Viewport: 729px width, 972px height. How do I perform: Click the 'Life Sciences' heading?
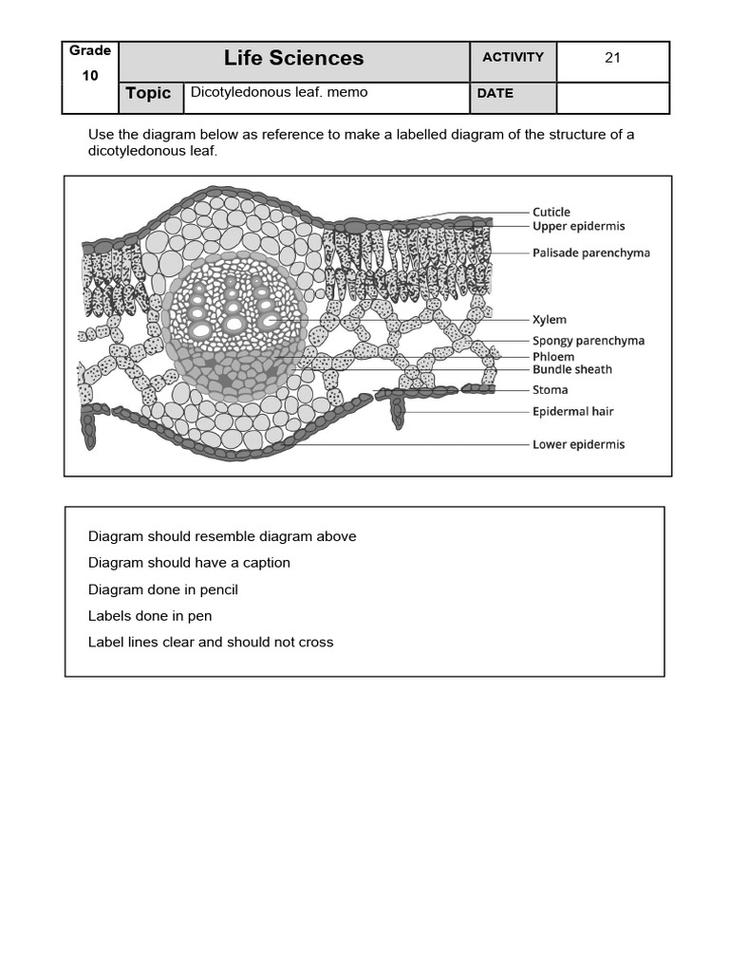(293, 59)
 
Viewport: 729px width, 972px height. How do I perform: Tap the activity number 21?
(612, 58)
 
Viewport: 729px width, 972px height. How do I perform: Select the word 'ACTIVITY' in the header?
(513, 57)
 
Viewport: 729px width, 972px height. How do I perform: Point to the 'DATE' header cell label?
(495, 93)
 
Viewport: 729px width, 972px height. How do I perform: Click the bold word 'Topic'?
(148, 93)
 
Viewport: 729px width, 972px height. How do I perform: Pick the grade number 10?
(89, 76)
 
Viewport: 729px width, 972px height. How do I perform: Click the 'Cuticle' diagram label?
(551, 212)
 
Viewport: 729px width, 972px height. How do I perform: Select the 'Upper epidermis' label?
(578, 226)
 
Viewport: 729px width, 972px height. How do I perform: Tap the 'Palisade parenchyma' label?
(590, 253)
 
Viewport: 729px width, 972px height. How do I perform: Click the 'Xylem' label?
(550, 321)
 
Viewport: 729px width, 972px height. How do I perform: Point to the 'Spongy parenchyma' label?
(588, 340)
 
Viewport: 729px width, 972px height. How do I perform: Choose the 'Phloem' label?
(553, 356)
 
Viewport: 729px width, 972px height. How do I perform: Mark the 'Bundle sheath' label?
(571, 369)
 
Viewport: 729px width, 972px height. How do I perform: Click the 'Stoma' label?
(550, 389)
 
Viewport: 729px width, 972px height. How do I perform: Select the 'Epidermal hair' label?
(572, 411)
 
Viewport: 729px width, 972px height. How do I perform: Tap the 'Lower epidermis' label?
(578, 444)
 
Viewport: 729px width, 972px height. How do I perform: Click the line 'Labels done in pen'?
(150, 615)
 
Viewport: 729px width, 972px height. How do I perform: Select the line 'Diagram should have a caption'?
(189, 562)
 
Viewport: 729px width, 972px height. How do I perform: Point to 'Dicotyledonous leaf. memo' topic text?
(279, 92)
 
